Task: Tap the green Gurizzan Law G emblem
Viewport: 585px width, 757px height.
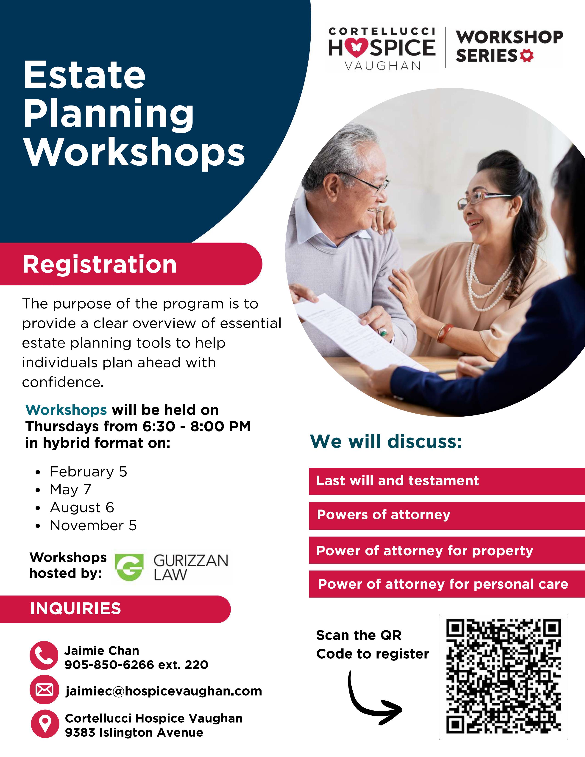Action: [129, 567]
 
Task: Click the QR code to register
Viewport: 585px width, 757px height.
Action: [503, 676]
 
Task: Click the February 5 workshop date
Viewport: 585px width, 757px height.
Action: [88, 472]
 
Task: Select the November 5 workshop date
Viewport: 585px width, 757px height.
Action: [93, 526]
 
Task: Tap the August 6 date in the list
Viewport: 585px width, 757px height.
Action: [82, 507]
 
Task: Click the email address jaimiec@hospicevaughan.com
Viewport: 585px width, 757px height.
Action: [164, 691]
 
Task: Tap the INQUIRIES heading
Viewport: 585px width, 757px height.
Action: [75, 609]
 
